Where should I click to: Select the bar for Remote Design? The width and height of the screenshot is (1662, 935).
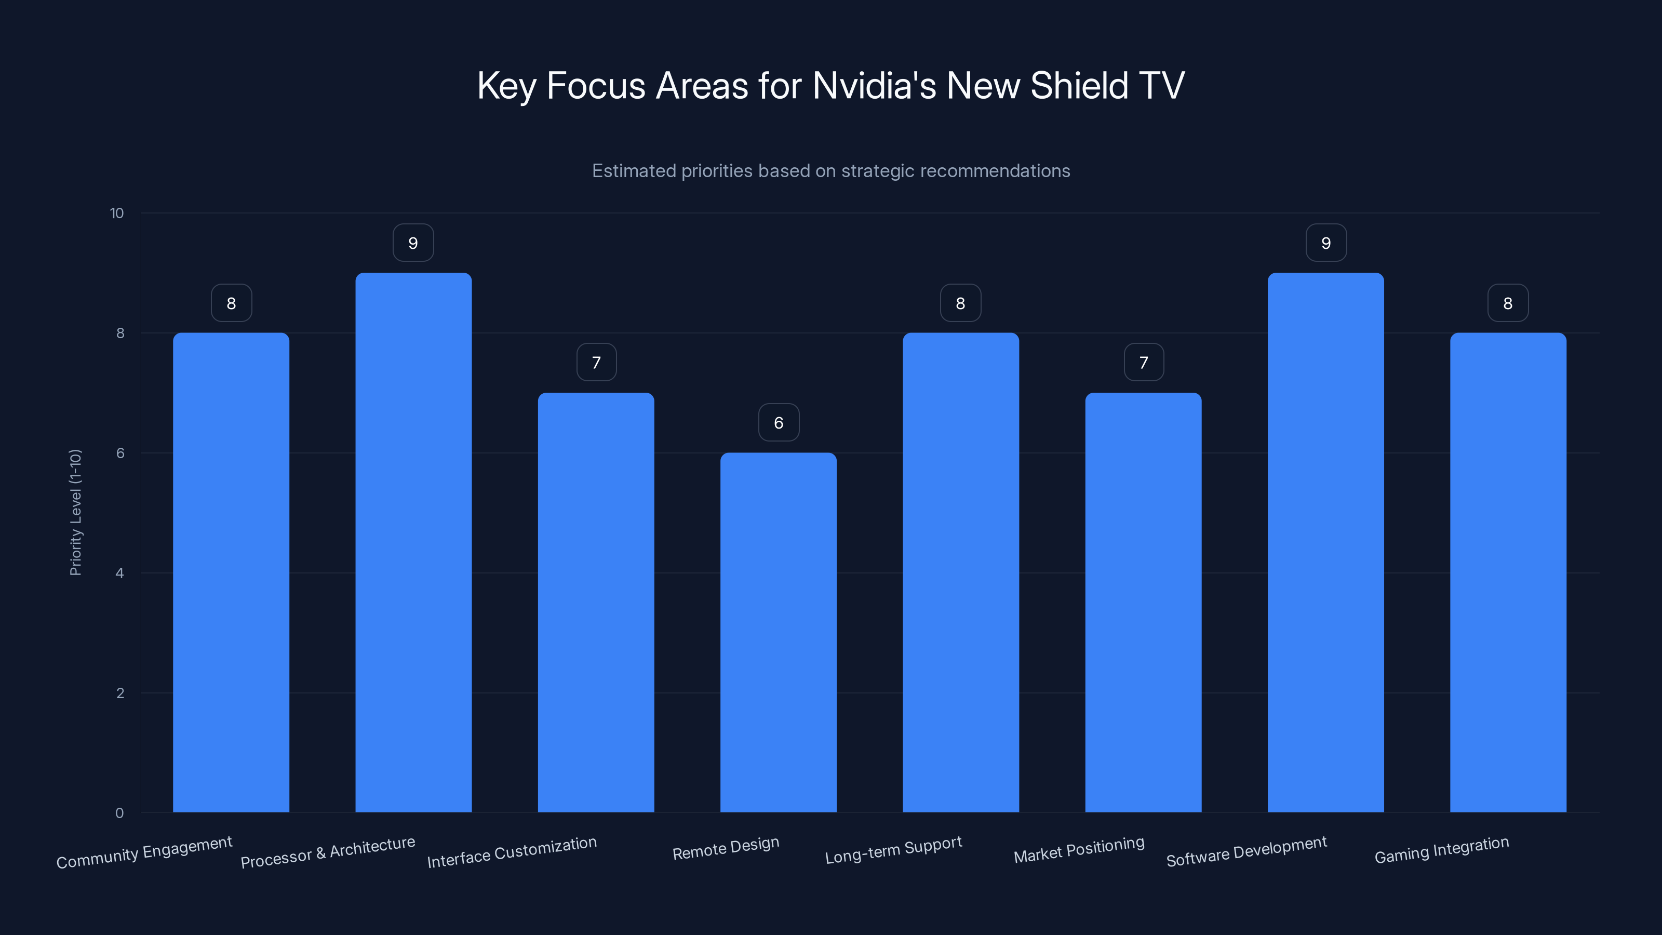coord(778,632)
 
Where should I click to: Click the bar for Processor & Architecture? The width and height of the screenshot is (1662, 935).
coord(413,542)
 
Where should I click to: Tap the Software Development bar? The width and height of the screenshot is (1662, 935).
coord(1325,542)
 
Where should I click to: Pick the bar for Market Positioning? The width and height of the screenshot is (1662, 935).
coord(1143,602)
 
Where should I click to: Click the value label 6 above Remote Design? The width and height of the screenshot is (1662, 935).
coord(779,423)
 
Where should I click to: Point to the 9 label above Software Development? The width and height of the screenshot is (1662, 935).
coord(1326,243)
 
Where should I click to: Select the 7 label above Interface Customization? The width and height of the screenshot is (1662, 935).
coord(596,363)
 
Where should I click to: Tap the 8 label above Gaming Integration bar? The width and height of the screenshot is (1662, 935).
coord(1508,303)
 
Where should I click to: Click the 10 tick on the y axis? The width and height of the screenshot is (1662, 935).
coord(117,213)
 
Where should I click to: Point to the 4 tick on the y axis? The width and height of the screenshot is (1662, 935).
coord(119,573)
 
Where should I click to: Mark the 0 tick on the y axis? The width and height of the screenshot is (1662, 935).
coord(119,813)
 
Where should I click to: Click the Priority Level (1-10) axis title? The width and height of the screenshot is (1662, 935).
coord(75,512)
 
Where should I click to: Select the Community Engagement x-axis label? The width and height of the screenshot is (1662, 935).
coord(144,852)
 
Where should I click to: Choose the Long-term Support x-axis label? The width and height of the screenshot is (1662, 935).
coord(893,850)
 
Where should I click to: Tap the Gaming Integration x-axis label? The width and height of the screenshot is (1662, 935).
coord(1441,850)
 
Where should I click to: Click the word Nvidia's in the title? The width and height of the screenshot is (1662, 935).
coord(874,86)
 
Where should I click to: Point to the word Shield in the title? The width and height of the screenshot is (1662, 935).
coord(1079,86)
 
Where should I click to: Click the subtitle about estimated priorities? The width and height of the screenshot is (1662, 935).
coord(831,171)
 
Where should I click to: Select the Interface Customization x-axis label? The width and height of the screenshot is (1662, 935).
coord(512,852)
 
